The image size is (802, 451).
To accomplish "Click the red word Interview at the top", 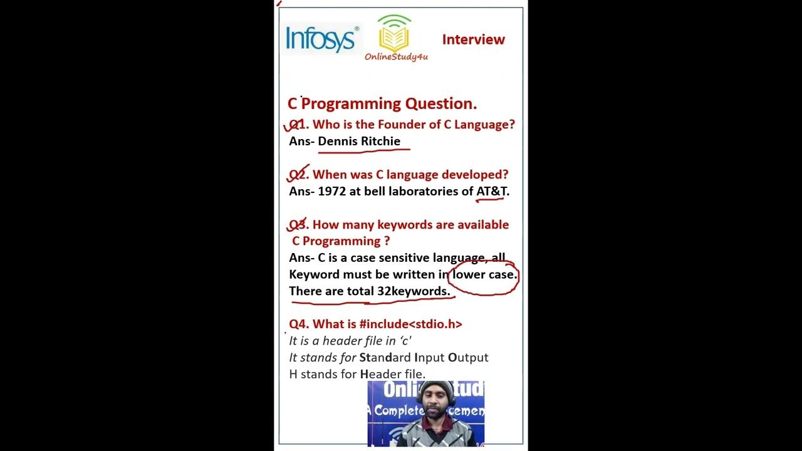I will click(473, 39).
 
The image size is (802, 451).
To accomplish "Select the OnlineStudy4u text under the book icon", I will click(396, 57).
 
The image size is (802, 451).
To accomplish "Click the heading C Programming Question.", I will click(382, 103).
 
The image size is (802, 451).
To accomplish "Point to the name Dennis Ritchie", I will click(359, 141).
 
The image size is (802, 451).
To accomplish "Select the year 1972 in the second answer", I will click(331, 191).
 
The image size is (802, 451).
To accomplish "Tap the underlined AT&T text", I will click(492, 191).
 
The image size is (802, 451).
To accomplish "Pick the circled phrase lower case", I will click(484, 274).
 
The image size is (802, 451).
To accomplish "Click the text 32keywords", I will click(413, 291).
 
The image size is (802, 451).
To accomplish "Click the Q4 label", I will click(298, 324).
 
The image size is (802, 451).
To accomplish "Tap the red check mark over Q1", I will click(294, 123).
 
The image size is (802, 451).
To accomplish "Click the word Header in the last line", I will click(380, 374).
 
